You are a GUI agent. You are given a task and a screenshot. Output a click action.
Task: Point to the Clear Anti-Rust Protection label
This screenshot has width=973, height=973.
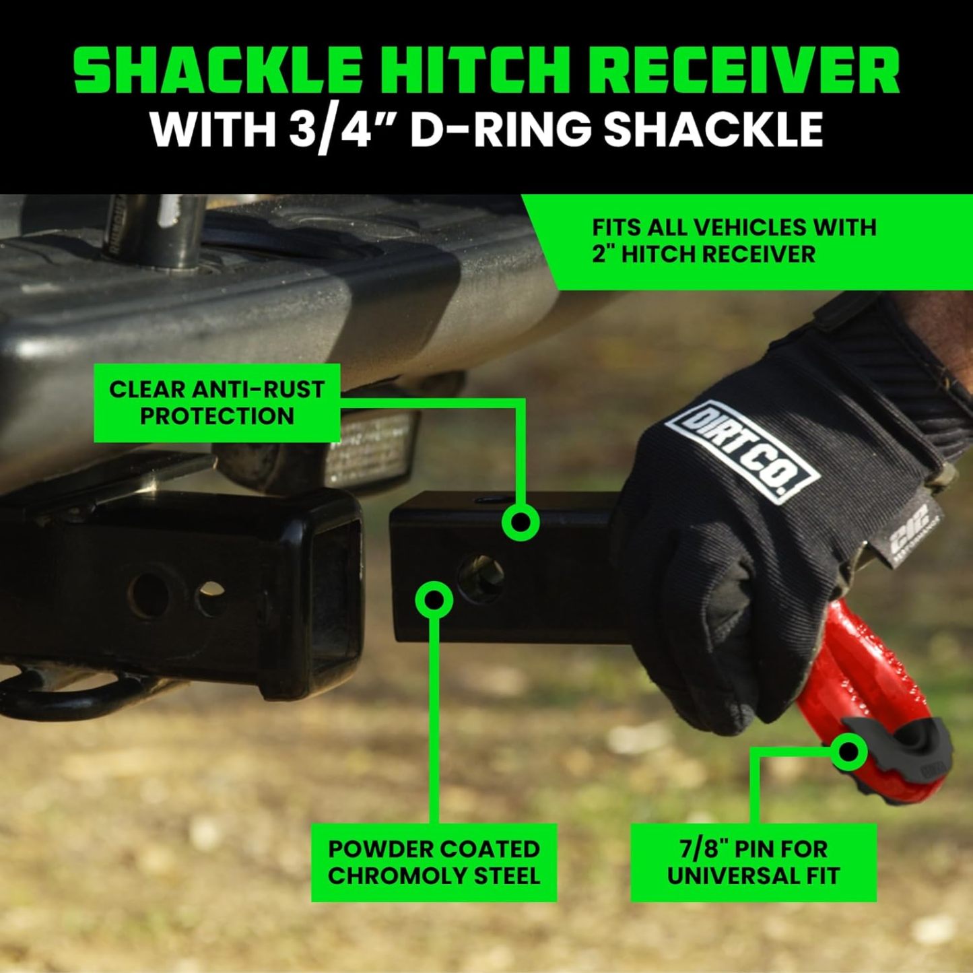pos(217,403)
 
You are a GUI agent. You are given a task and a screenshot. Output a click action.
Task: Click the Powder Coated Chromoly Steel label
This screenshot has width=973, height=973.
pos(434,862)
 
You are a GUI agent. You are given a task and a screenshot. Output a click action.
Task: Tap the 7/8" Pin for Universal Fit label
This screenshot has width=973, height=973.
pos(753,862)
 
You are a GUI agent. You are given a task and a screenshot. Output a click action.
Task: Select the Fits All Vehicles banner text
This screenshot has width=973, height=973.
pos(734,240)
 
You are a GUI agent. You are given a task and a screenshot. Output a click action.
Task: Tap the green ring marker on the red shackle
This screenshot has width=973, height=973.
pos(848,751)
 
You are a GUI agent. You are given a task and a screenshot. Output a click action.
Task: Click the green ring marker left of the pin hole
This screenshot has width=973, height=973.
pos(434,599)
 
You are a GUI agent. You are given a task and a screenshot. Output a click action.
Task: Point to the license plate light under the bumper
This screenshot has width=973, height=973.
pos(367,444)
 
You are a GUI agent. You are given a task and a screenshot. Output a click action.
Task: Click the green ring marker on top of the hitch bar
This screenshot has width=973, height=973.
pos(521,523)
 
